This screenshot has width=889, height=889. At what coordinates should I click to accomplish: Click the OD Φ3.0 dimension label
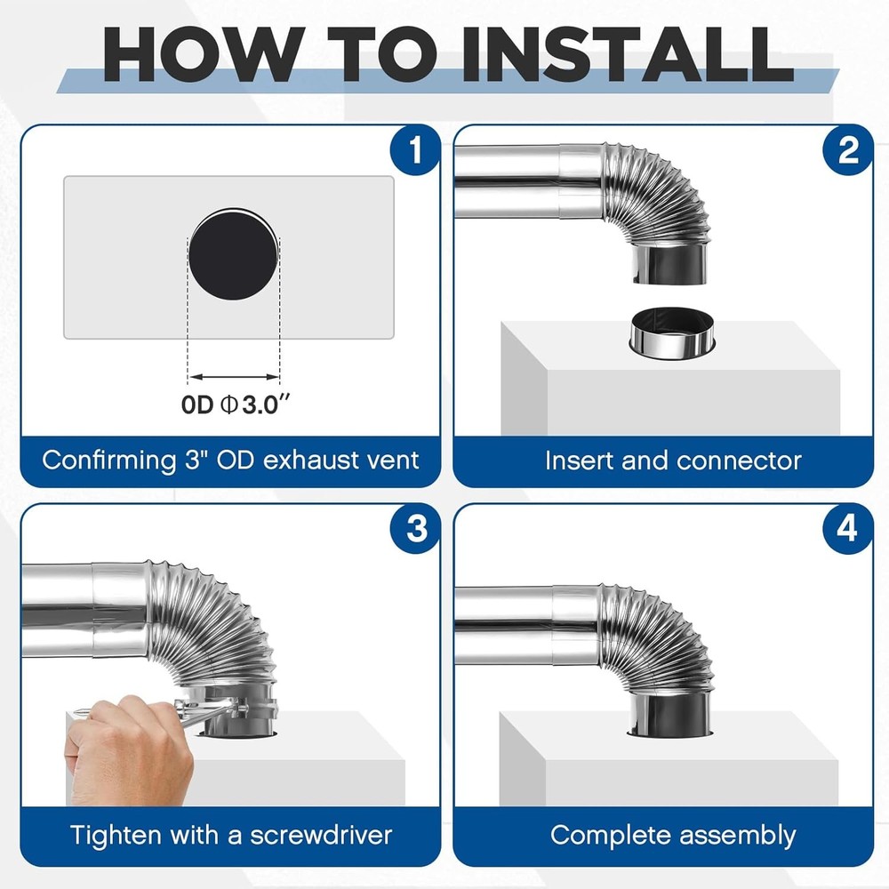(236, 404)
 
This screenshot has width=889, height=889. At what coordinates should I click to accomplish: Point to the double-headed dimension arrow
(234, 377)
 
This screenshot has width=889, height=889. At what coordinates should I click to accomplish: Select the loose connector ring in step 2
(670, 333)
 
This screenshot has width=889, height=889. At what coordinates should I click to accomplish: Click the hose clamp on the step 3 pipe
(236, 708)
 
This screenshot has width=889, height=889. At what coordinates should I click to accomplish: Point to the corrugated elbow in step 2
(658, 200)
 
